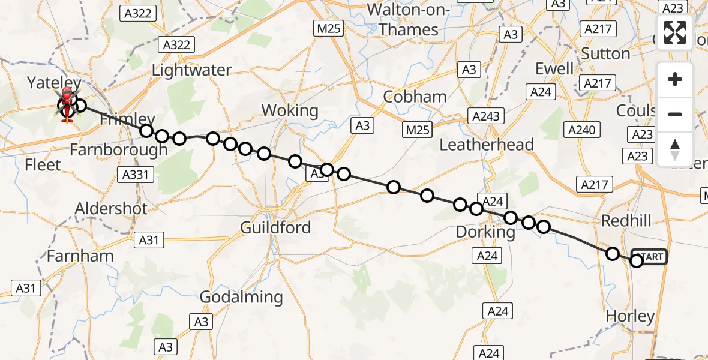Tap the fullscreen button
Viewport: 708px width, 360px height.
(675, 32)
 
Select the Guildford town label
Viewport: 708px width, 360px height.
(275, 227)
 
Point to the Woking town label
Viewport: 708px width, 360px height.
(290, 110)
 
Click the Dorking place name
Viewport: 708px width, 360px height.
(485, 232)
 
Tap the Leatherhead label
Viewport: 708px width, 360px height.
(487, 145)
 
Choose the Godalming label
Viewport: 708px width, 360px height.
(241, 296)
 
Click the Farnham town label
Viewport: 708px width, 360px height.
(80, 256)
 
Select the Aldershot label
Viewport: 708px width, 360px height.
(111, 208)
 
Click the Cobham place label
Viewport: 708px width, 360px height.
(415, 96)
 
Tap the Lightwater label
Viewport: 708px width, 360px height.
(191, 70)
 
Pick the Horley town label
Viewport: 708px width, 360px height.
(630, 316)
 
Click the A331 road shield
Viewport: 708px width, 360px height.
(137, 175)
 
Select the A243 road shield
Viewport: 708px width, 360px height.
(486, 116)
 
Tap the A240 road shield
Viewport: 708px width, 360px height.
(581, 130)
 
